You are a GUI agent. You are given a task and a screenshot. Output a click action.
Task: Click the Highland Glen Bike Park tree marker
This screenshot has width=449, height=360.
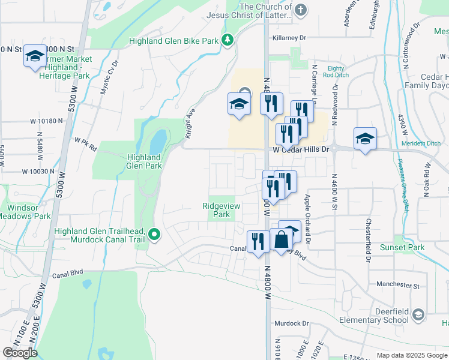(228, 40)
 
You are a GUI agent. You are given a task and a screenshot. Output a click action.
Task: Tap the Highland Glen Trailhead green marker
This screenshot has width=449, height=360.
(154, 235)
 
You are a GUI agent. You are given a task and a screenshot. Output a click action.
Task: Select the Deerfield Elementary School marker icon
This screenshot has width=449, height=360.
(418, 314)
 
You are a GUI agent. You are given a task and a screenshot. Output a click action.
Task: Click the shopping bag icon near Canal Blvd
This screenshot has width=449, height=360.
(281, 240)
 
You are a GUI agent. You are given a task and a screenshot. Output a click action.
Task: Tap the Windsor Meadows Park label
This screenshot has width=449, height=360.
(25, 212)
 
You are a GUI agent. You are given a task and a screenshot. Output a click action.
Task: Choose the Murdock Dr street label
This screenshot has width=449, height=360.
(291, 323)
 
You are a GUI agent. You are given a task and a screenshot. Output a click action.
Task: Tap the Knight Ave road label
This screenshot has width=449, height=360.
(190, 124)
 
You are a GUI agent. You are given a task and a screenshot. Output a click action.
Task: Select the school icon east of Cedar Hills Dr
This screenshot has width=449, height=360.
(365, 139)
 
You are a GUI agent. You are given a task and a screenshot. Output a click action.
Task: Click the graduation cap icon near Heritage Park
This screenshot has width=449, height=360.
(35, 56)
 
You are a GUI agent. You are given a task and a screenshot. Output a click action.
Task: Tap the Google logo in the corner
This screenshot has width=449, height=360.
(20, 353)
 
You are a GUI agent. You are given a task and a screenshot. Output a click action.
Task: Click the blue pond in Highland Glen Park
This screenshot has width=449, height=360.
(157, 143)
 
